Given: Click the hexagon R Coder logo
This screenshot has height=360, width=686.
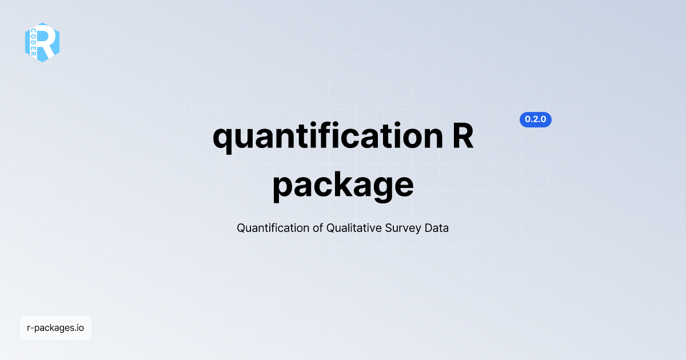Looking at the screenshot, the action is [42, 42].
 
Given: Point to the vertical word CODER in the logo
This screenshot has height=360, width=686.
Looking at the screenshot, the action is [33, 42].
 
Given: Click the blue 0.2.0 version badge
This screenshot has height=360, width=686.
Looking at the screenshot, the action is [535, 119].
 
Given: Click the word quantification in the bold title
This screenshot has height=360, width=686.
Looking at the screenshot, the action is [328, 137].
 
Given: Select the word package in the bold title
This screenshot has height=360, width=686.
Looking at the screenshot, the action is [343, 186].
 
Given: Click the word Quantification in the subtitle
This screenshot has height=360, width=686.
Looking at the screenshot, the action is [273, 228].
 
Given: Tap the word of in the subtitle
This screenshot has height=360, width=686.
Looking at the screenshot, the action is [318, 228].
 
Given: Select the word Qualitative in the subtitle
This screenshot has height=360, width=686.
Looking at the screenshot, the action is [354, 228].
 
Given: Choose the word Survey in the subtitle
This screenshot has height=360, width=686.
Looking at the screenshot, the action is [403, 229].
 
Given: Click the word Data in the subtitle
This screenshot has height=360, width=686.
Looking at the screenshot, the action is [436, 228].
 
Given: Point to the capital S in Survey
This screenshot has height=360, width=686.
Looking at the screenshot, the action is [389, 228].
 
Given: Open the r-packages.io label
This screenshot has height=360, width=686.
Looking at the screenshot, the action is [55, 328].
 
